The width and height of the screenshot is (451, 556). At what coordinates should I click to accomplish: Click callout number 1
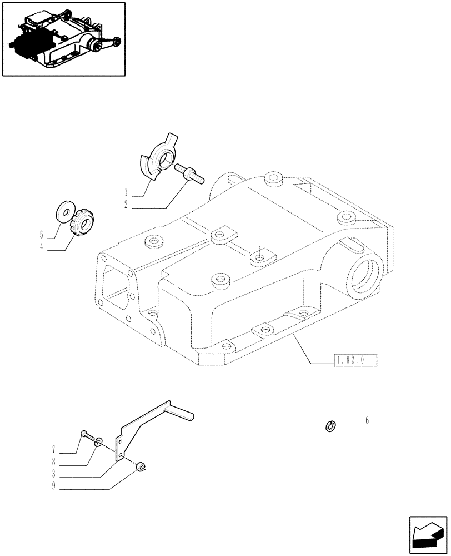[127, 190]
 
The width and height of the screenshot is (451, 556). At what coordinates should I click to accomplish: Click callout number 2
[127, 204]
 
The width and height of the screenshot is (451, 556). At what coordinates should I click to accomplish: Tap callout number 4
[41, 248]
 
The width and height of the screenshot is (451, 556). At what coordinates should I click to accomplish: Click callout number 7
[53, 448]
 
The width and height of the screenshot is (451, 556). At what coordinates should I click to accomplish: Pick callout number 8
[53, 461]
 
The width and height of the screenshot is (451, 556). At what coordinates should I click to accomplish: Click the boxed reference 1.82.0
[355, 361]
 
